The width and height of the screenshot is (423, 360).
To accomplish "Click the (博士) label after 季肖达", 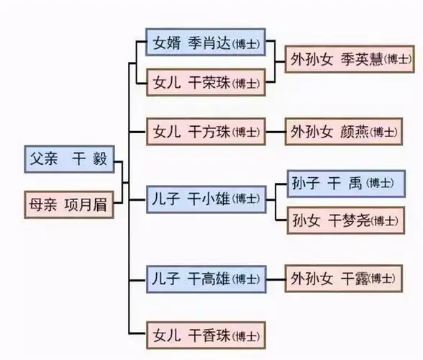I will [245, 44].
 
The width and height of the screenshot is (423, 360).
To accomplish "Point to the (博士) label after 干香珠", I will [245, 336].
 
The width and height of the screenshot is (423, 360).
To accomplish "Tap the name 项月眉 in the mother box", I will [85, 204].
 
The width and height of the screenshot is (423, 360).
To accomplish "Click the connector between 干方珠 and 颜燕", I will [275, 131].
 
